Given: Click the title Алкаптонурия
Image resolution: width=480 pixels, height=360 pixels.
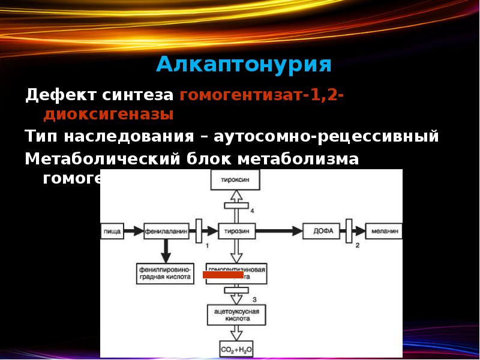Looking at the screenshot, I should (244, 64).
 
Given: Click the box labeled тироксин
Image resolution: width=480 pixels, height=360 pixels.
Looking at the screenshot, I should (236, 179).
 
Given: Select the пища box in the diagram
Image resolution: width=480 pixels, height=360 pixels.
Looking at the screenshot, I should (113, 230).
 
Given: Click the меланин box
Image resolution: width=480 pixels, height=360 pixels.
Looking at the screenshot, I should (384, 230).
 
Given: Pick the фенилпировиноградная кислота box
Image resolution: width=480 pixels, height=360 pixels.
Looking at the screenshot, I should (164, 273).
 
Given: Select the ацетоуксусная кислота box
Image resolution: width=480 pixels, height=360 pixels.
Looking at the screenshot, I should (236, 316).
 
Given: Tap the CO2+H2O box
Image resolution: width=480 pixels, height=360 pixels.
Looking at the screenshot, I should (236, 348).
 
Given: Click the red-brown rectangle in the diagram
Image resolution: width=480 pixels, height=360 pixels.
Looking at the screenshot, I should (223, 275).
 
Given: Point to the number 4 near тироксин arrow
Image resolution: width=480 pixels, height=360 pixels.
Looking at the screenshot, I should (253, 211).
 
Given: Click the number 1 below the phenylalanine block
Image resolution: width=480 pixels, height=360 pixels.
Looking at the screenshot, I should (206, 246).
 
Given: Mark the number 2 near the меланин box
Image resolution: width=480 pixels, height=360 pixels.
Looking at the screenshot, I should (358, 246).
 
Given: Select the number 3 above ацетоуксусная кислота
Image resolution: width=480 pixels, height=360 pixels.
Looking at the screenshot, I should (254, 298).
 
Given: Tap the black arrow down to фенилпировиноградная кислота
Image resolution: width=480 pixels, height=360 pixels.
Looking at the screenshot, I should (165, 250).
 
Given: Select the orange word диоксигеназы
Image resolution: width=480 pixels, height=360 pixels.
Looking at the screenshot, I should (109, 114).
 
